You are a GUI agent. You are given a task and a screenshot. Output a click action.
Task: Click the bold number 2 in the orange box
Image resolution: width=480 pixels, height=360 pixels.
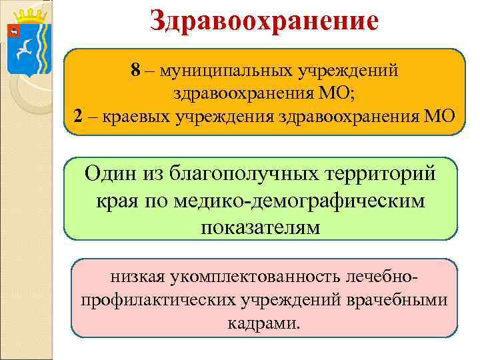79,116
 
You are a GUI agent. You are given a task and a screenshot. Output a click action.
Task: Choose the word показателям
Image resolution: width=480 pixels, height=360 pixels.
260,227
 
